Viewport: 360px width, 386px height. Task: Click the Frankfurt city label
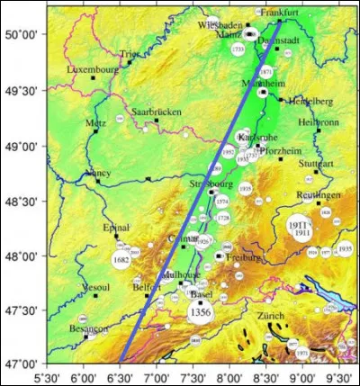(278, 13)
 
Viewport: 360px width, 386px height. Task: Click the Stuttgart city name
(315, 164)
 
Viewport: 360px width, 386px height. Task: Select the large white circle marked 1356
(201, 310)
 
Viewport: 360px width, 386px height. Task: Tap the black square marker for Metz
(95, 130)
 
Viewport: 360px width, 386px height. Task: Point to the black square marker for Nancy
(98, 180)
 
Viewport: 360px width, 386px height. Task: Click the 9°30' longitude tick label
(338, 378)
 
